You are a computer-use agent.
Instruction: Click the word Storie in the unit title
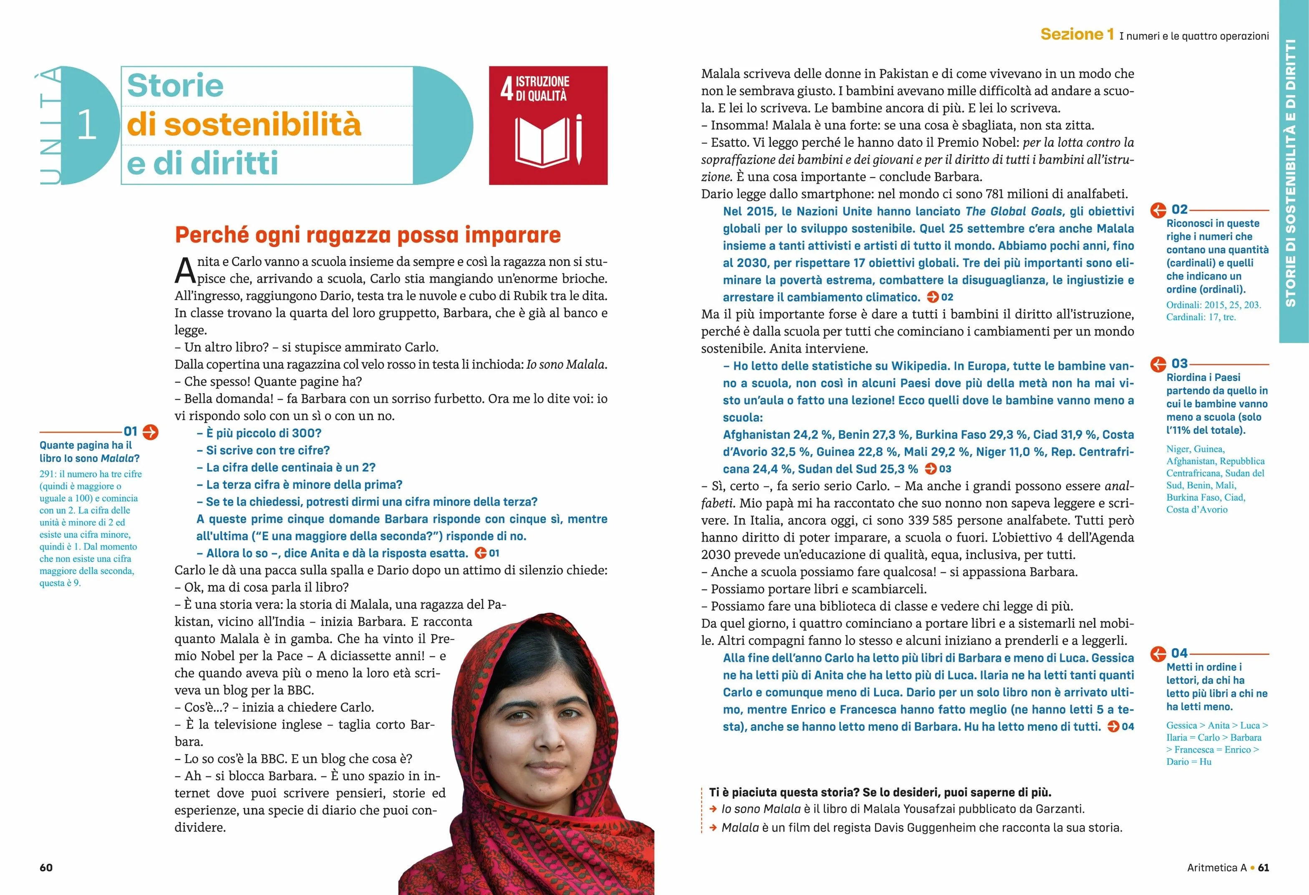(175, 86)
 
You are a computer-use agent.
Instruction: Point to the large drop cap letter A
(185, 271)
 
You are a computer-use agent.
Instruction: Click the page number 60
(46, 867)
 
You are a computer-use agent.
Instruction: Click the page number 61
(1264, 867)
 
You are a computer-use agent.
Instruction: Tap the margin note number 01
(131, 432)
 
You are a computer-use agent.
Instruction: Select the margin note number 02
(1180, 210)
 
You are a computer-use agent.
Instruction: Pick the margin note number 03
(1180, 364)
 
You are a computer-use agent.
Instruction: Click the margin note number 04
(1180, 653)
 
